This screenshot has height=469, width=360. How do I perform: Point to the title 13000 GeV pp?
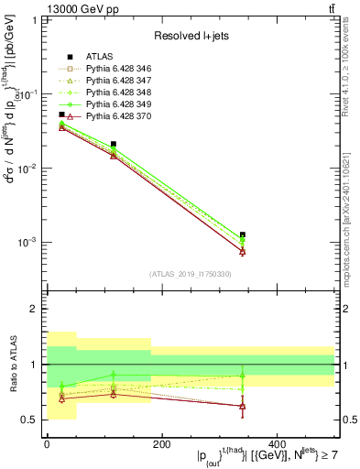[43, 8]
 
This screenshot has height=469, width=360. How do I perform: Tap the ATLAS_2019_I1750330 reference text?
[191, 274]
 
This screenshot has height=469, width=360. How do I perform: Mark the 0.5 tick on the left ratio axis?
[31, 420]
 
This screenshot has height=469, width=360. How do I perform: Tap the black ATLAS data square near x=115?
[113, 144]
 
